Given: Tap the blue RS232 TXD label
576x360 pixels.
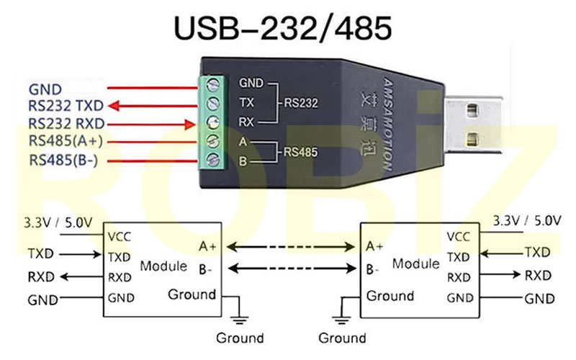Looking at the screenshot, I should pyautogui.click(x=66, y=107).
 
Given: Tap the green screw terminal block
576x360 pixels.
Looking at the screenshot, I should pyautogui.click(x=213, y=122).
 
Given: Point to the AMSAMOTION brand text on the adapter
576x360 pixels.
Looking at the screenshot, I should pyautogui.click(x=388, y=123).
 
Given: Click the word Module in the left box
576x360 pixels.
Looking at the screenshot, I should pyautogui.click(x=163, y=266).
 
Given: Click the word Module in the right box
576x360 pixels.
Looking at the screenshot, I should pyautogui.click(x=415, y=264).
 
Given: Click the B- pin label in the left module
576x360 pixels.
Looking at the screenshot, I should pyautogui.click(x=206, y=270).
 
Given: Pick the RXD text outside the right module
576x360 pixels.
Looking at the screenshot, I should pyautogui.click(x=536, y=275).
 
